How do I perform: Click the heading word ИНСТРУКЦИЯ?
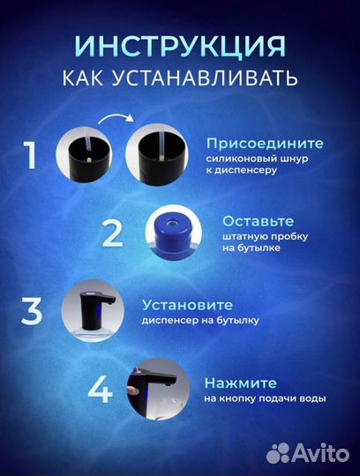pos(180,46)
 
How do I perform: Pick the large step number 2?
pos(112,234)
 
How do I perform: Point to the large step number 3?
pos(31,314)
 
